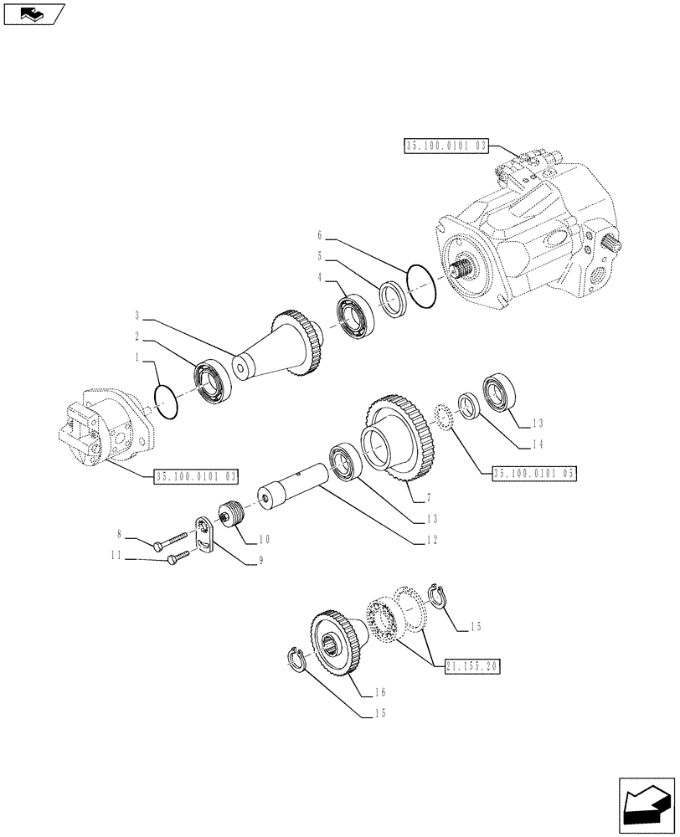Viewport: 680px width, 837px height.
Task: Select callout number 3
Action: pyautogui.click(x=136, y=316)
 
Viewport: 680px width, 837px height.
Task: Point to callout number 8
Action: pyautogui.click(x=119, y=532)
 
